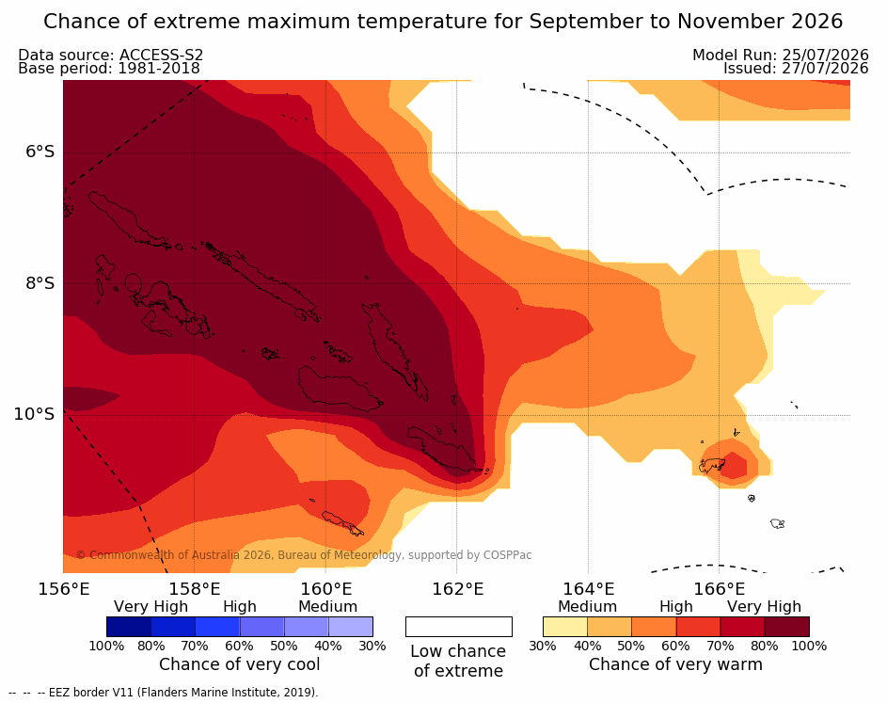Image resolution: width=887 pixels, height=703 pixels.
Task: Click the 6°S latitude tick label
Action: (40, 152)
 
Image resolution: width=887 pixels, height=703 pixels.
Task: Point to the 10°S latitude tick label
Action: (35, 414)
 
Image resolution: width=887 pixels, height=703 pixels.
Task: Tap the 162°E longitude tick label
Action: (458, 589)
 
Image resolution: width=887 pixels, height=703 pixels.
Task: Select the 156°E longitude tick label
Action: (64, 589)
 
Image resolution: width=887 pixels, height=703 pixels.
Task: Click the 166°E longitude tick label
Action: (720, 589)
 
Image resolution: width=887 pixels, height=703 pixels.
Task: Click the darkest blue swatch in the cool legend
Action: (129, 627)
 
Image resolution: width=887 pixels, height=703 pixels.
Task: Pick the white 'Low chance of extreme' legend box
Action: (459, 627)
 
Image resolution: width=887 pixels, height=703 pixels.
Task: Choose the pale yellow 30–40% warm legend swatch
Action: (565, 627)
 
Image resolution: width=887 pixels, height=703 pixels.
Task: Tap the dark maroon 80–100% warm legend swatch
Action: (787, 627)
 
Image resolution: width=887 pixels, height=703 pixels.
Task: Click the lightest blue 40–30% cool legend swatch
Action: (351, 627)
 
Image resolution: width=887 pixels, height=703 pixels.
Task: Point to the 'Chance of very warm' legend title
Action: (675, 664)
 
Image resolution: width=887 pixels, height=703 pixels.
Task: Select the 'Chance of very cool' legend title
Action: (239, 664)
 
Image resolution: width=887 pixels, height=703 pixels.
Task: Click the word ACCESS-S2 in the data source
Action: (161, 55)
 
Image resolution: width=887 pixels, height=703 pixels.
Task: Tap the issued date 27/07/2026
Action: (825, 69)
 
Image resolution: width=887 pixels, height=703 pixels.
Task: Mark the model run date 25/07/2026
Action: (825, 55)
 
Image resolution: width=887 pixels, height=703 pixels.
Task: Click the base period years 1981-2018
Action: (158, 69)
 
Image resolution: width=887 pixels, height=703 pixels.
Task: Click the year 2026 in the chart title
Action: (816, 22)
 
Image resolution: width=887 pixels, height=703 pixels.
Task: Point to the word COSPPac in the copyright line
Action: (507, 555)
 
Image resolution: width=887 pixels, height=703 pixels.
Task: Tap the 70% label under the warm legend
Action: (721, 646)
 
